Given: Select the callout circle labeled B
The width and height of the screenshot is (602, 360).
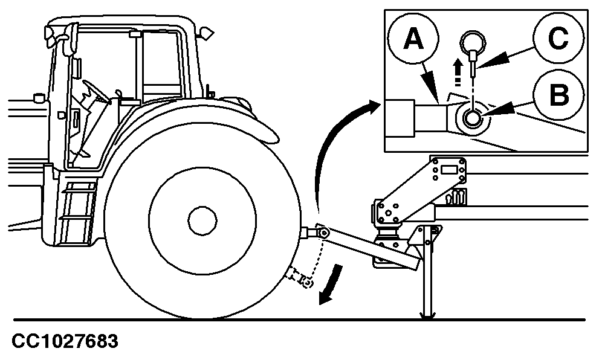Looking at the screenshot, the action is point(558,95).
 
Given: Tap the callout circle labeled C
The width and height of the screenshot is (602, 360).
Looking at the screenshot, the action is point(558,39).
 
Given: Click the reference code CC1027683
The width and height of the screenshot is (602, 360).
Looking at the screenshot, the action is point(65,341).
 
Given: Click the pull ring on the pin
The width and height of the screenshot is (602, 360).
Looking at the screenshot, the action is point(473,42).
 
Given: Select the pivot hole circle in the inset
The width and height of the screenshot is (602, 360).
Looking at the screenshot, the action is point(472,117).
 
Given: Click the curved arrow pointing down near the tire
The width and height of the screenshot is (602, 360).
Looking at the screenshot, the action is point(331,286).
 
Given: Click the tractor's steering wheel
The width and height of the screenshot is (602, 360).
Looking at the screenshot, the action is point(95,91).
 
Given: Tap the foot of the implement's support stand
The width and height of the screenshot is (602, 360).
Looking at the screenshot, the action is point(428,315).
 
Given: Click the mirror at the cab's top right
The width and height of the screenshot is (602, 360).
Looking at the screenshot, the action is point(207,33).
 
